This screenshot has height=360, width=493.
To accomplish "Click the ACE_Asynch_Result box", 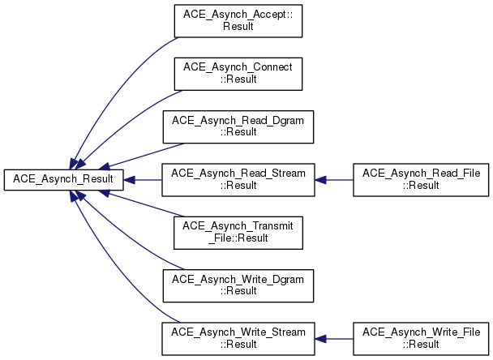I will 63,179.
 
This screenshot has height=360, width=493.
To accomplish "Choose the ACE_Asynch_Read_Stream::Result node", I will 238,179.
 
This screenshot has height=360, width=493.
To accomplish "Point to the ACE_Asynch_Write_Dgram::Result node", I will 238,285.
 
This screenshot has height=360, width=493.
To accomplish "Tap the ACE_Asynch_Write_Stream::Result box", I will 238,338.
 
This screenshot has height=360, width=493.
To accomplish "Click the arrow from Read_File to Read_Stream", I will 334,179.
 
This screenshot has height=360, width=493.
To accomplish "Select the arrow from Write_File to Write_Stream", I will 334,338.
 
